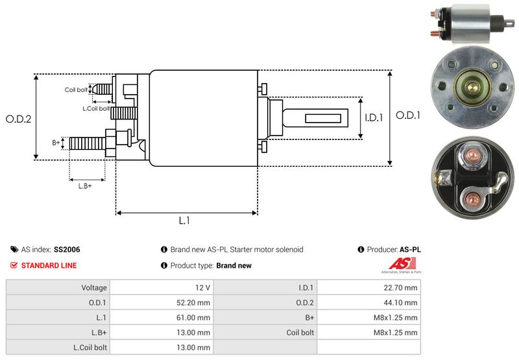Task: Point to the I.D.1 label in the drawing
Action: tap(374, 118)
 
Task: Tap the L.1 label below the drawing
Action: tap(184, 221)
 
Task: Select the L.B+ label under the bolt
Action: tap(85, 186)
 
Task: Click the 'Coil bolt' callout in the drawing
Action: tap(76, 90)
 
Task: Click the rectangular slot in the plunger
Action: tap(321, 118)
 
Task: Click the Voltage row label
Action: tap(94, 287)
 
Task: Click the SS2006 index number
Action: tap(67, 249)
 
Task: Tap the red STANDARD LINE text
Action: tap(49, 265)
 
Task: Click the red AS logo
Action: tap(396, 265)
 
